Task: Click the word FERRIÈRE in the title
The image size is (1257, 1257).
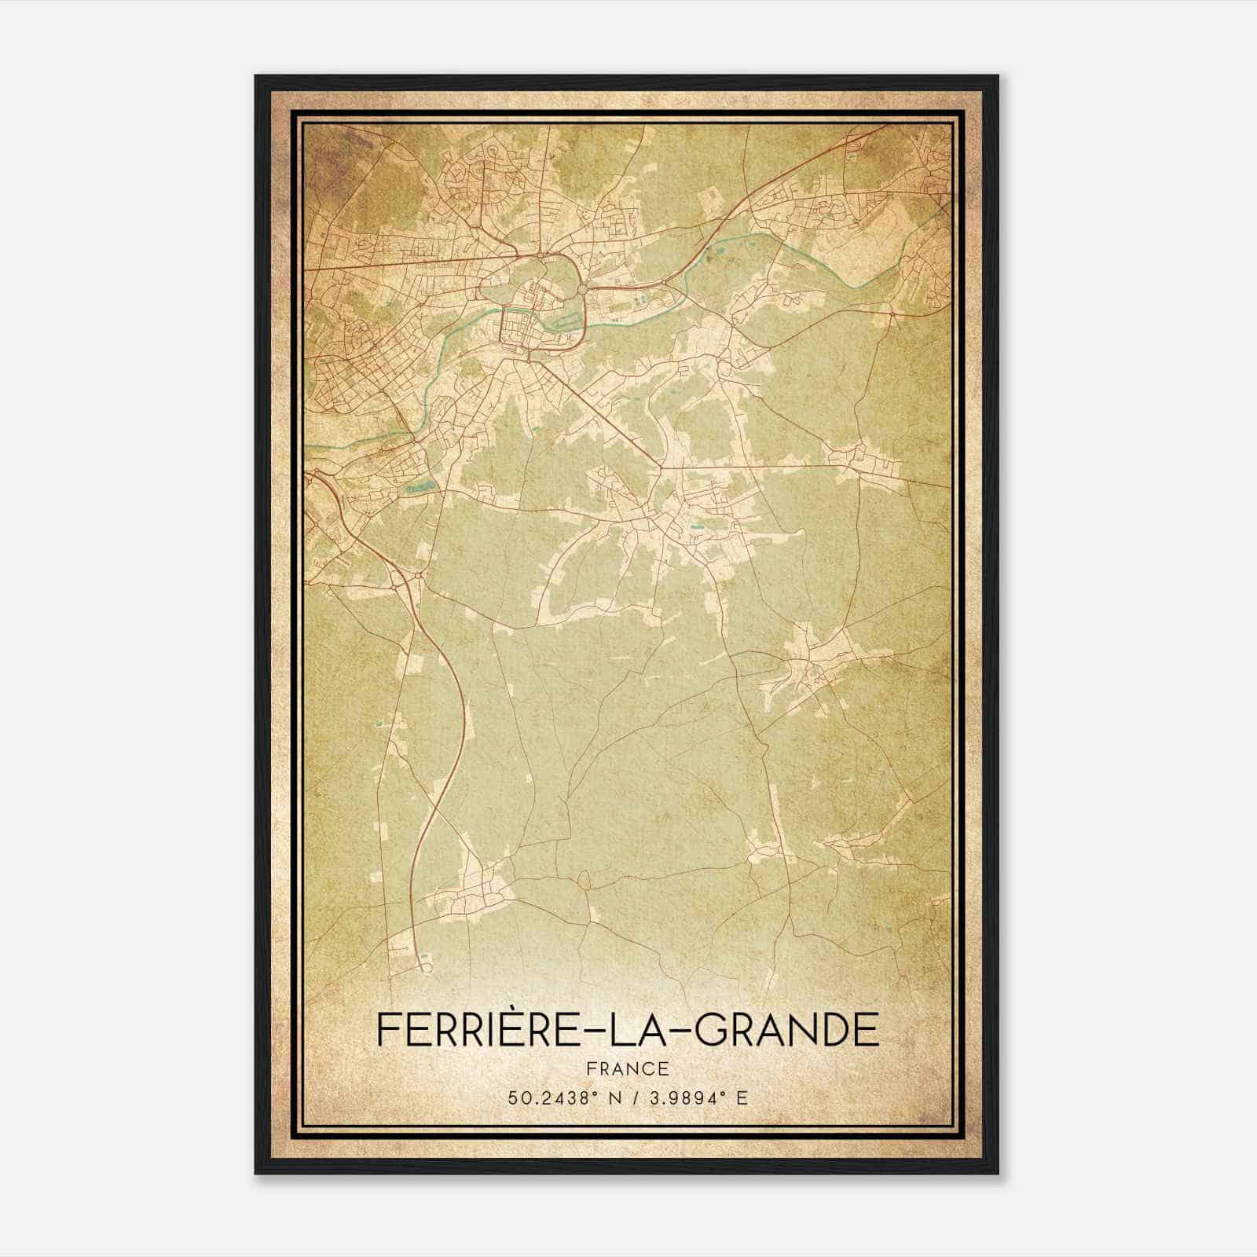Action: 478,1029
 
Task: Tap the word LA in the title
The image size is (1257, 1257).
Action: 637,1029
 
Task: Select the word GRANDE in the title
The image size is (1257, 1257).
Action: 786,1029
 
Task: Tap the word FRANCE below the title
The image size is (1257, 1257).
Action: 628,1068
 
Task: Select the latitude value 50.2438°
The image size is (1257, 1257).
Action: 546,1098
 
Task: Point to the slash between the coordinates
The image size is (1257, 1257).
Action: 624,1098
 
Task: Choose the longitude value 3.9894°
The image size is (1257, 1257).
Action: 682,1098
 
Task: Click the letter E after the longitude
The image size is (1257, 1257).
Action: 742,1098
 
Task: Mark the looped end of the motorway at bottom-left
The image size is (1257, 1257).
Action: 425,966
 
